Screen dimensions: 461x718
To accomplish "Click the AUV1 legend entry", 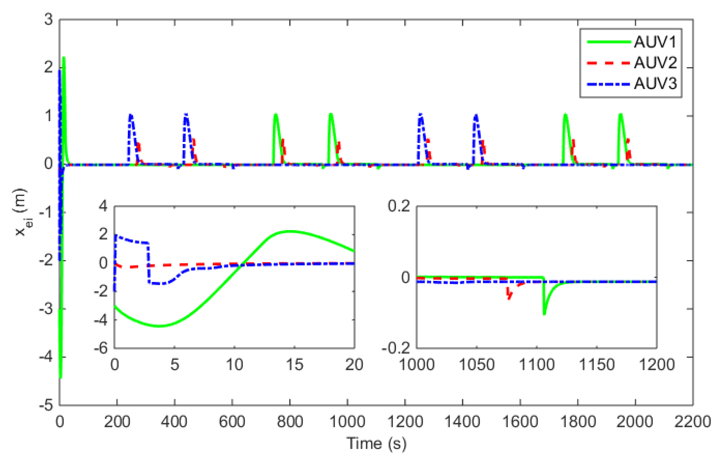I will pyautogui.click(x=655, y=42).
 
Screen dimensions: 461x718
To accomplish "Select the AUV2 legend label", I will pyautogui.click(x=655, y=63).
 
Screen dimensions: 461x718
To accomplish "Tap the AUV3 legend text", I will pyautogui.click(x=655, y=84).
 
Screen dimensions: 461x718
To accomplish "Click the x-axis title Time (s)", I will pyautogui.click(x=376, y=443).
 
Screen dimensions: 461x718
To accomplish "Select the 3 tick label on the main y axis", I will pyautogui.click(x=48, y=19).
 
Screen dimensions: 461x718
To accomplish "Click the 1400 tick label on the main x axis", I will pyautogui.click(x=462, y=422).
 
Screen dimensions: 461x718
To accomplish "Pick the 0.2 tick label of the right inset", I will pyautogui.click(x=399, y=206).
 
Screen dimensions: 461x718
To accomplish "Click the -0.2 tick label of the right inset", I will pyautogui.click(x=396, y=348).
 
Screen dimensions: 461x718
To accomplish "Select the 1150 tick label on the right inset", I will pyautogui.click(x=597, y=365).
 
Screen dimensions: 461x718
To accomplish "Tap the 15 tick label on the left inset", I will pyautogui.click(x=294, y=365).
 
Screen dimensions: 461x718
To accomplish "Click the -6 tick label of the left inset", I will pyautogui.click(x=101, y=348).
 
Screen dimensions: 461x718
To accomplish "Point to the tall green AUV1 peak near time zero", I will pyautogui.click(x=63, y=58).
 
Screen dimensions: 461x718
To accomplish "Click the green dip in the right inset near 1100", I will pyautogui.click(x=544, y=314).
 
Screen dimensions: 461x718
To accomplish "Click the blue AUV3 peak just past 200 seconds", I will pyautogui.click(x=131, y=115).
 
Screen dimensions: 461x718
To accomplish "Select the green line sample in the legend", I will pyautogui.click(x=609, y=42).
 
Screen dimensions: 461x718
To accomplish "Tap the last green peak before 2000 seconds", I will pyautogui.click(x=565, y=114).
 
